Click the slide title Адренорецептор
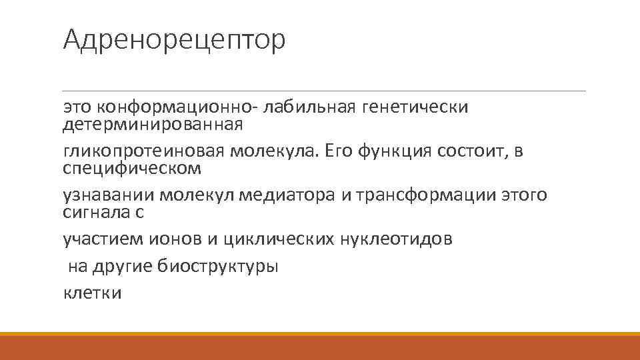pos(174,40)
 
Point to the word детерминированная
pos(153,124)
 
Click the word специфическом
pos(131,168)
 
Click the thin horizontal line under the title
pos(324,91)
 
